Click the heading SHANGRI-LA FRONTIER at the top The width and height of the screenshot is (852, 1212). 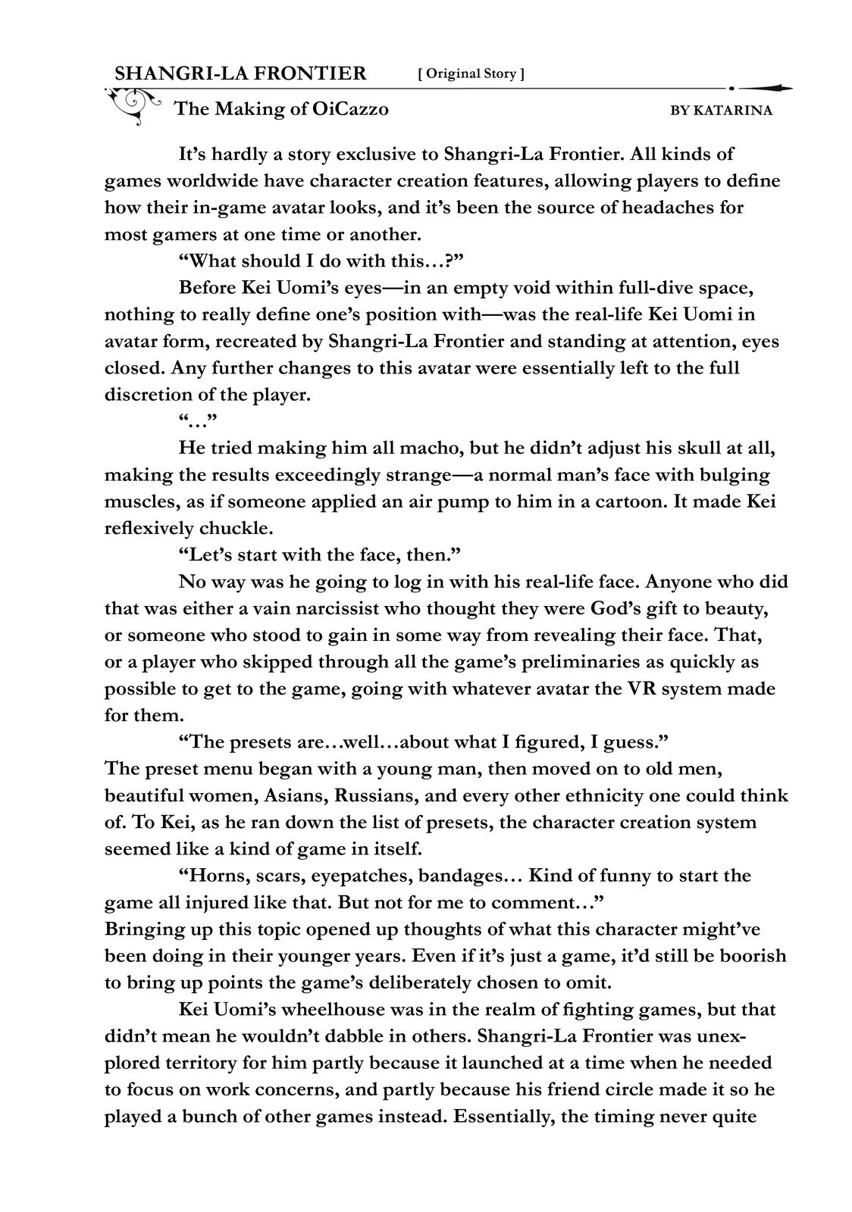[x=240, y=73]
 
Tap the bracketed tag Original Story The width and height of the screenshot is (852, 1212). [x=471, y=73]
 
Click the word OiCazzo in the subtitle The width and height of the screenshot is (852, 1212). [x=349, y=109]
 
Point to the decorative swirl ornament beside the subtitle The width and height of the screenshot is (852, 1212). [x=134, y=105]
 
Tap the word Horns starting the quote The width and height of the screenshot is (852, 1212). [x=211, y=876]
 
